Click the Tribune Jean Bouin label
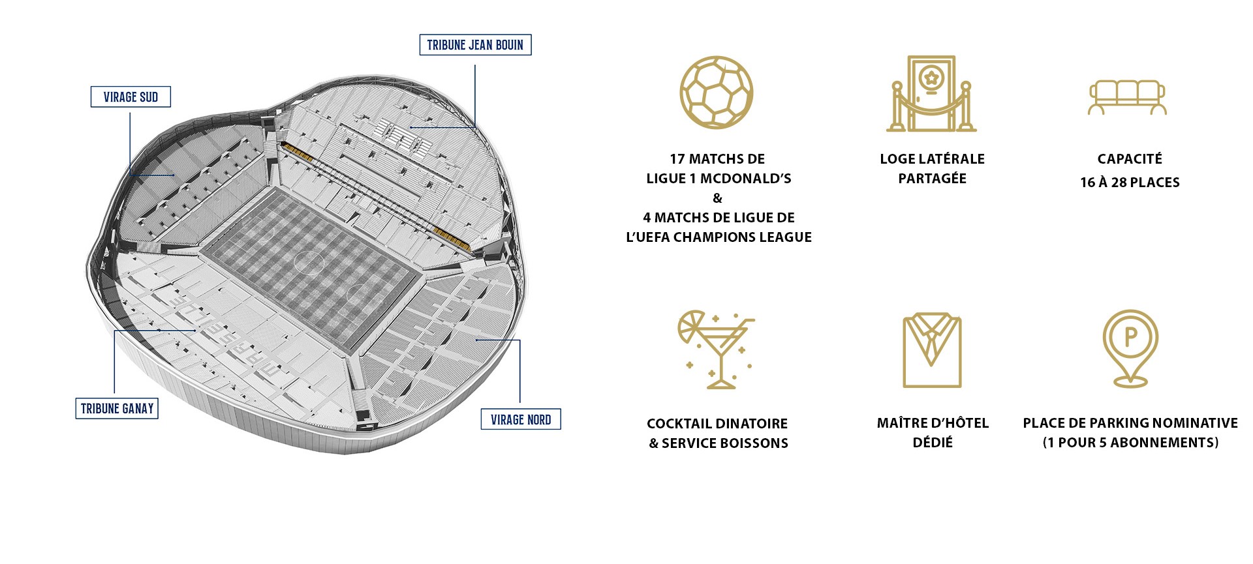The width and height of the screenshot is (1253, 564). click(475, 45)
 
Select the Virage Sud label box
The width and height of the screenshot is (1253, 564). click(131, 97)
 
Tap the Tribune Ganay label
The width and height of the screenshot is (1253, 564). click(117, 408)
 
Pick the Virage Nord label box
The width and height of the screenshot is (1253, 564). click(521, 419)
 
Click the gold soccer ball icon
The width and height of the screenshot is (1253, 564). click(717, 92)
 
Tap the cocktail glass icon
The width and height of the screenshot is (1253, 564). click(717, 349)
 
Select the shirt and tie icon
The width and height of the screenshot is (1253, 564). click(932, 350)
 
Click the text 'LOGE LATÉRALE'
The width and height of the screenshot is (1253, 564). click(932, 159)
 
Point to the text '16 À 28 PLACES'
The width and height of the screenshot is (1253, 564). click(1130, 183)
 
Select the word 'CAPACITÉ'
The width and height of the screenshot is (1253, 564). click(1130, 159)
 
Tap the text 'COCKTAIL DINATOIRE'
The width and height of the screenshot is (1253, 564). click(717, 424)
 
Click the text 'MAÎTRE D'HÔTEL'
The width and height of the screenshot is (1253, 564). click(933, 423)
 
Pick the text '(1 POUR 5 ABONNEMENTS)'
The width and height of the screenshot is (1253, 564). click(1130, 443)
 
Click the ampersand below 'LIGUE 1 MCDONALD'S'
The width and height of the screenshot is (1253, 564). click(718, 198)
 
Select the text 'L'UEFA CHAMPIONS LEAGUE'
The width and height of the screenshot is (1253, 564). click(719, 237)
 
